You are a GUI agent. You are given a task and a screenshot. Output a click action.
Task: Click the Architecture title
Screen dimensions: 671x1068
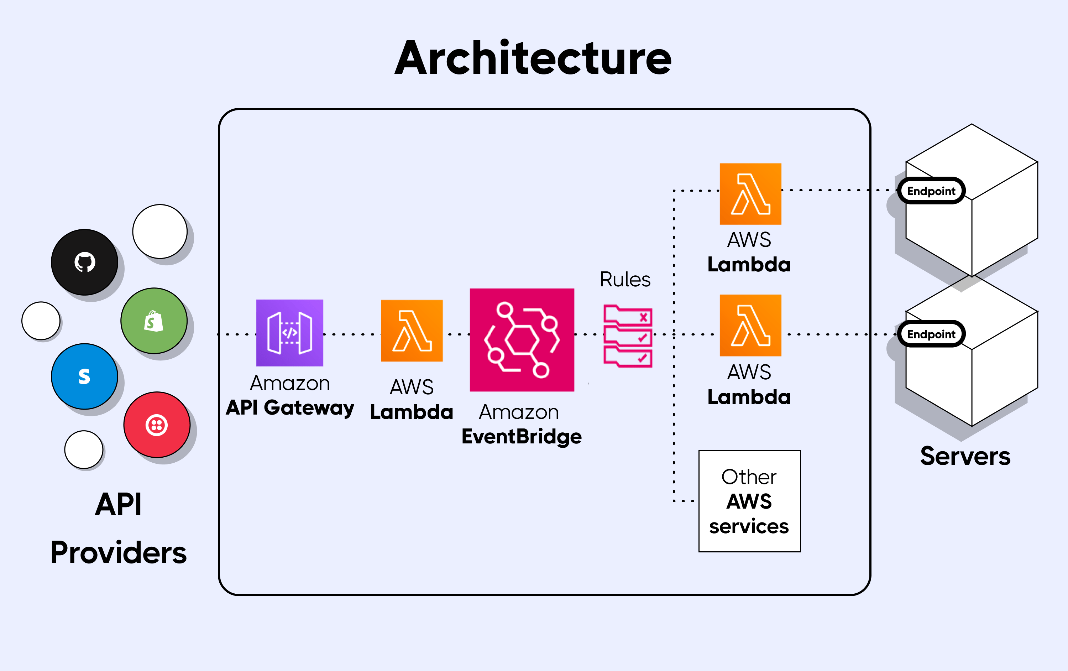pyautogui.click(x=533, y=58)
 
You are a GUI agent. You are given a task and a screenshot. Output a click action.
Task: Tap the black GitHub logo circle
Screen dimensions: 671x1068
pyautogui.click(x=84, y=262)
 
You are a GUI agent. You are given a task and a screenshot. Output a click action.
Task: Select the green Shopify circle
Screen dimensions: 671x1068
pyautogui.click(x=154, y=321)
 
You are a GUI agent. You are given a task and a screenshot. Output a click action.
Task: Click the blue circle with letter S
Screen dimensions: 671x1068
pyautogui.click(x=84, y=376)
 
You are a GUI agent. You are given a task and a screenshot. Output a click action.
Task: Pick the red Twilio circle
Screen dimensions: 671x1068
pyautogui.click(x=157, y=425)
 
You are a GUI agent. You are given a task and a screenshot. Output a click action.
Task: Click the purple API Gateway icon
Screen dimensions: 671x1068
pyautogui.click(x=290, y=333)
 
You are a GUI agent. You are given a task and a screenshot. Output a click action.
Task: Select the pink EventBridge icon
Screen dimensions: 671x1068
pyautogui.click(x=522, y=340)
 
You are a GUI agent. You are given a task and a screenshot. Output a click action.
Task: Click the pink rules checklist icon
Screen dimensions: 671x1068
pyautogui.click(x=628, y=336)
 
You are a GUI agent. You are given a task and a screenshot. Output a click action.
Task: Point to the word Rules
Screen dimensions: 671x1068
pyautogui.click(x=625, y=280)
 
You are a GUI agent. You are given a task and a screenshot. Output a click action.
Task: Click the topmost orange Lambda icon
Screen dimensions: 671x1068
pyautogui.click(x=750, y=194)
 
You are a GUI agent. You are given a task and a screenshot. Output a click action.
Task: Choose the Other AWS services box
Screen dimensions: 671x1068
pyautogui.click(x=749, y=501)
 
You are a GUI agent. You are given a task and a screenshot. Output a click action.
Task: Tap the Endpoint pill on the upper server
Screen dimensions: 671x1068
pyautogui.click(x=931, y=191)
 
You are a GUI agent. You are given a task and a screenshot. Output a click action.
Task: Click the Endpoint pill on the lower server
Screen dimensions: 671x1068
pyautogui.click(x=931, y=334)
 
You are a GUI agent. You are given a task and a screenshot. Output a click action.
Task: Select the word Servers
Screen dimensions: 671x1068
pyautogui.click(x=965, y=456)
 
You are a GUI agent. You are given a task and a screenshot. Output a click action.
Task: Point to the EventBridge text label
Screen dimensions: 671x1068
pyautogui.click(x=522, y=437)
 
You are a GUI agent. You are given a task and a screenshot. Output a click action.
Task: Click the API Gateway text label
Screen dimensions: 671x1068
pyautogui.click(x=290, y=407)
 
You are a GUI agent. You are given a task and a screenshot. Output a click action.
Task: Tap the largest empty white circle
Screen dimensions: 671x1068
pyautogui.click(x=160, y=231)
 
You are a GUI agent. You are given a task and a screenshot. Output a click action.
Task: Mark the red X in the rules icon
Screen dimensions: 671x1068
pyautogui.click(x=643, y=317)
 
